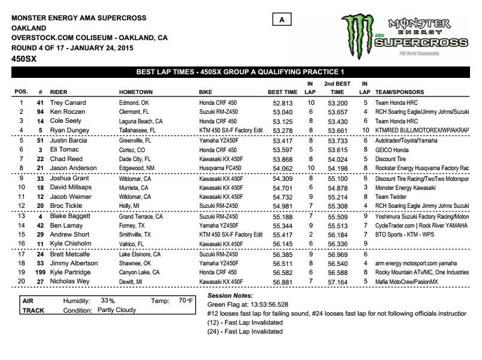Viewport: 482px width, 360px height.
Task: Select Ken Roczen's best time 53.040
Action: (x=283, y=112)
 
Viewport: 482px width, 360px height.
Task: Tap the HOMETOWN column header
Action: (x=136, y=93)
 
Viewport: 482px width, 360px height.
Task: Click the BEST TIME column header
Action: (x=283, y=93)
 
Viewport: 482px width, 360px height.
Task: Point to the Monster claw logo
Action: (x=360, y=33)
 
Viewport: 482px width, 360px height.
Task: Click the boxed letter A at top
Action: (x=281, y=20)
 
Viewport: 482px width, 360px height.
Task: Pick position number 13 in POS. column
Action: (x=20, y=216)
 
